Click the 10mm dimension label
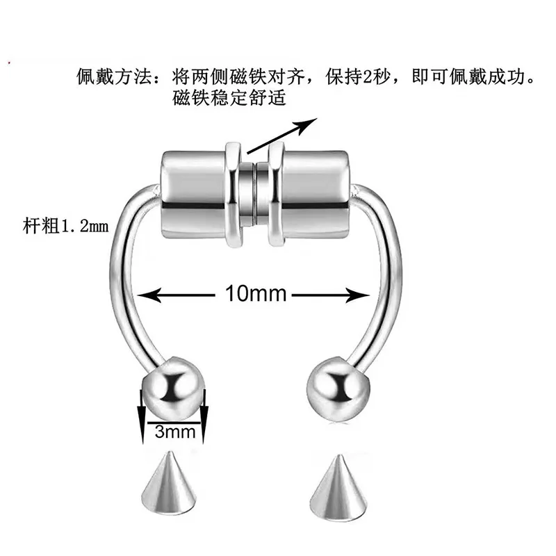256,294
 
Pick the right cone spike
337,486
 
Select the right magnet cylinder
313,192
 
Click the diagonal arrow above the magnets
281,135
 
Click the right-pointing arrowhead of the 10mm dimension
361,295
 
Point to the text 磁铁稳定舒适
229,98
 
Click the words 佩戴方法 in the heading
115,76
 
